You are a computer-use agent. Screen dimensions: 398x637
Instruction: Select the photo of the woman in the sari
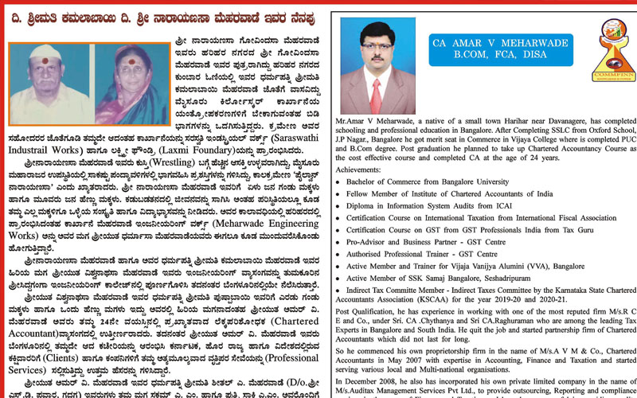(130, 83)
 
